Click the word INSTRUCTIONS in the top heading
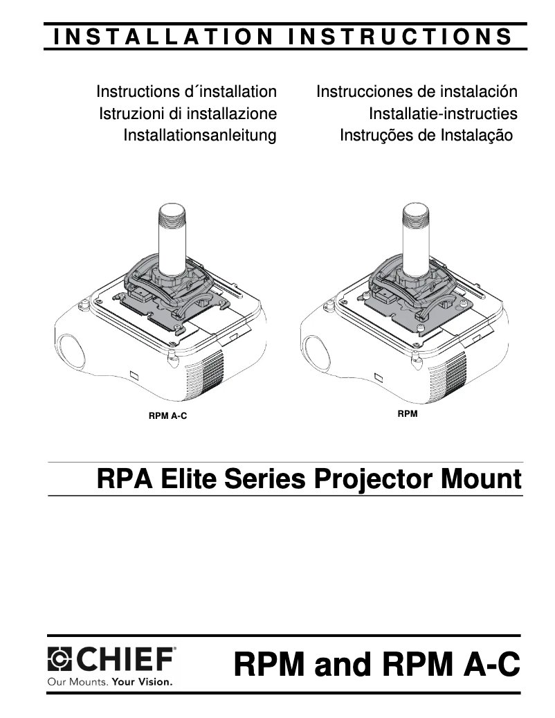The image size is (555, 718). pos(401,37)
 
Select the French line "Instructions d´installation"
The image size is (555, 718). pos(187,91)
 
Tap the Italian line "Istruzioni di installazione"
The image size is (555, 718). pos(188,114)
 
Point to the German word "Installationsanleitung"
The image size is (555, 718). pos(199,135)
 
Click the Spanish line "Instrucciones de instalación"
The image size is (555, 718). pos(417,91)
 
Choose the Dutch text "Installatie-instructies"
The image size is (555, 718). pos(443,114)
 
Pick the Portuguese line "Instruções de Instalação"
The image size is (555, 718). pos(426,135)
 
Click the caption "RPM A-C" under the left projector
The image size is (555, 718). pos(167,416)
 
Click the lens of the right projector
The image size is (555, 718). pos(315,350)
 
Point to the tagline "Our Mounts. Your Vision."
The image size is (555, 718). pos(109,681)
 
